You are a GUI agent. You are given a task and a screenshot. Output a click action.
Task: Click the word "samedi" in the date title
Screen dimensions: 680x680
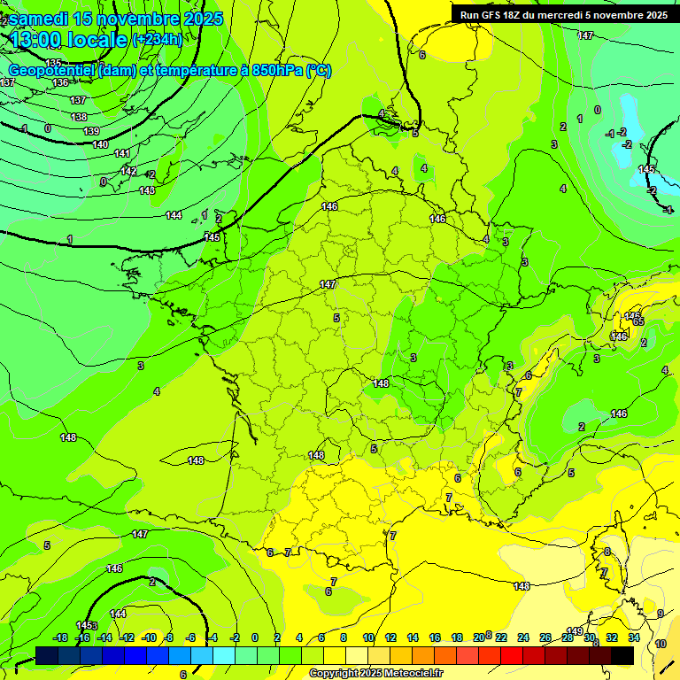click(x=41, y=19)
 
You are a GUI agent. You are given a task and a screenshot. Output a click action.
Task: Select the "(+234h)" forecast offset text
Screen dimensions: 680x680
click(x=157, y=39)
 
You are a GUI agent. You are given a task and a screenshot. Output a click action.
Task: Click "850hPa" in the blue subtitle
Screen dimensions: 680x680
click(x=276, y=71)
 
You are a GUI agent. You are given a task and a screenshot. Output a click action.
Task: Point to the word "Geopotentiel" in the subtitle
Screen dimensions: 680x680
click(x=52, y=71)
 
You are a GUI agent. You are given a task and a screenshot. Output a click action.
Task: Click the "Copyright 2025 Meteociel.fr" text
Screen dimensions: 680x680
click(x=375, y=674)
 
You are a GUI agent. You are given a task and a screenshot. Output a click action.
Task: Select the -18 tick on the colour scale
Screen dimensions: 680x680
click(x=61, y=637)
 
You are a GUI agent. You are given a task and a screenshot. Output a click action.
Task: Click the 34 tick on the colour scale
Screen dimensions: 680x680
click(x=634, y=637)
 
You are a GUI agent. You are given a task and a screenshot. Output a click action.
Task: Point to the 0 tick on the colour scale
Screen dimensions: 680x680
click(x=255, y=637)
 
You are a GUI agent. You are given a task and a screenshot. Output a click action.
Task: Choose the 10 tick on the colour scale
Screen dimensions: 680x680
click(x=368, y=637)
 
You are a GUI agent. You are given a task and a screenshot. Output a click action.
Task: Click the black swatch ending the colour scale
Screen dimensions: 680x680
click(x=622, y=655)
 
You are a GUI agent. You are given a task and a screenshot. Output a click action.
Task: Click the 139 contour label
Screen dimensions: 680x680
click(x=91, y=131)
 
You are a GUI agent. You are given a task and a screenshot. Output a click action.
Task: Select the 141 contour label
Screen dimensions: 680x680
click(x=122, y=153)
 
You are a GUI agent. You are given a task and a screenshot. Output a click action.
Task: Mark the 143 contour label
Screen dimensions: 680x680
click(x=147, y=190)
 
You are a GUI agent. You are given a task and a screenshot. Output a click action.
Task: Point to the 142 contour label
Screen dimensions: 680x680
click(x=128, y=171)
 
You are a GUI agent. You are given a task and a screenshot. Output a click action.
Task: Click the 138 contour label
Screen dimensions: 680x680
click(x=79, y=117)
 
